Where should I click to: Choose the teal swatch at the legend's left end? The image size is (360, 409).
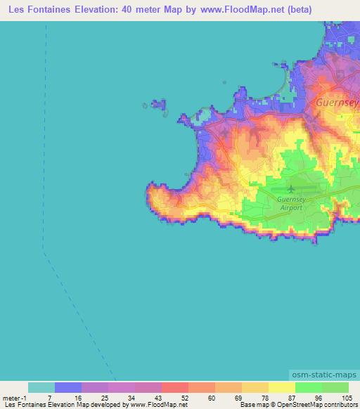[x=41, y=387]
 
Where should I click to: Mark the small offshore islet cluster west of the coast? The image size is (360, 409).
[x=157, y=105]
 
